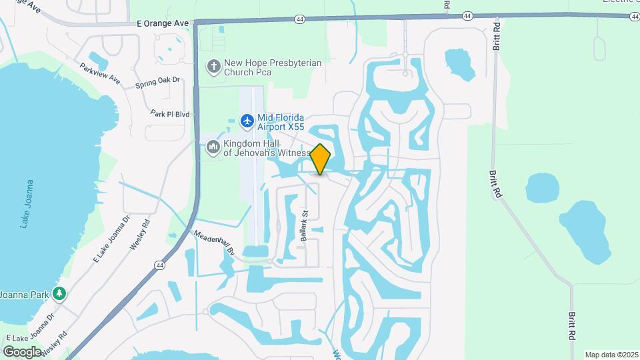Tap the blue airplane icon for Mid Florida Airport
coord(247,121)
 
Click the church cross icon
coord(213,67)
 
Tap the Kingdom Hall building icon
coord(213,146)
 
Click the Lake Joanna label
coord(27,203)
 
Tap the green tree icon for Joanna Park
coord(59,293)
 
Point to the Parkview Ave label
coord(99,73)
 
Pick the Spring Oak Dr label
coord(157,81)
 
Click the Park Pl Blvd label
coord(170,114)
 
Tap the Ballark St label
coord(304,226)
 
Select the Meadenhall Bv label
coord(215,243)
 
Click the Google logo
coord(22,351)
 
